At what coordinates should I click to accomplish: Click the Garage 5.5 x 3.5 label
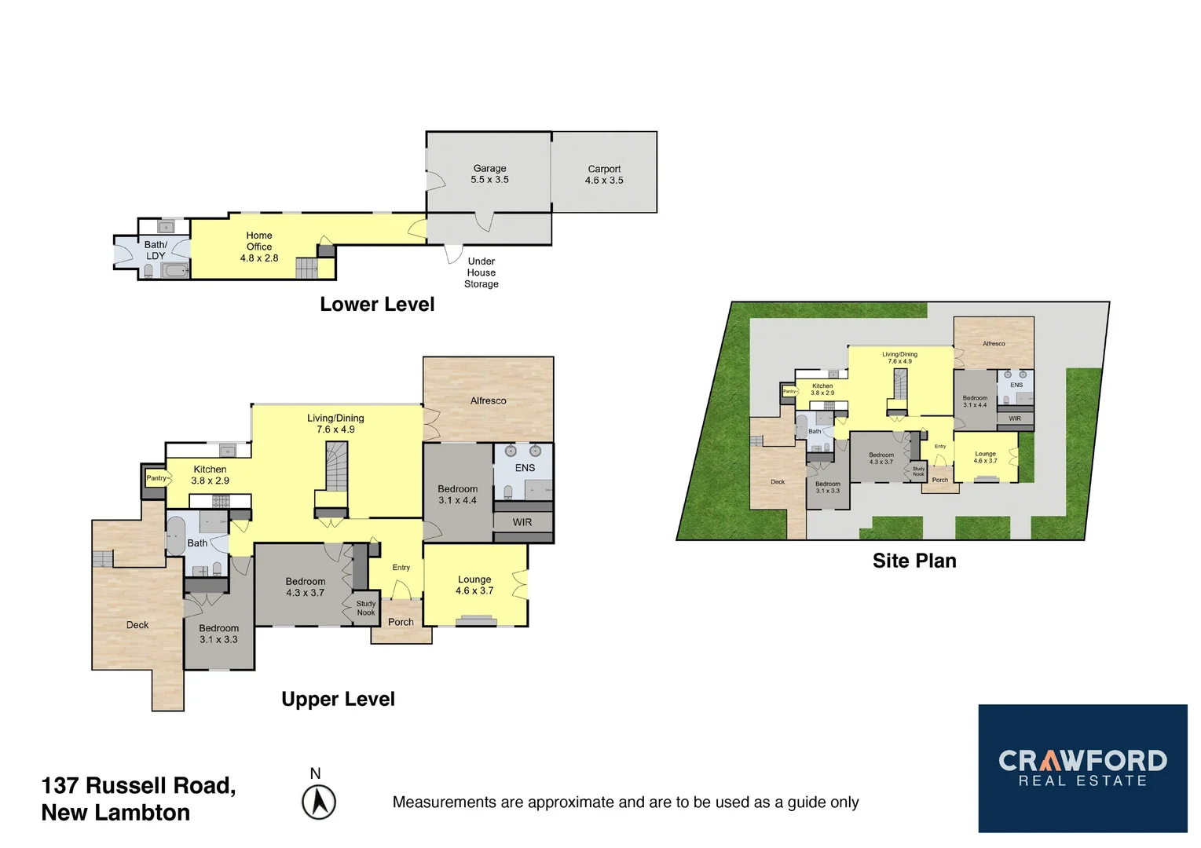(489, 174)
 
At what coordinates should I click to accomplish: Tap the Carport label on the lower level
(604, 174)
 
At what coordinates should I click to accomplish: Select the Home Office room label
(259, 247)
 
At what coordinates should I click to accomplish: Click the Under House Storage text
(481, 272)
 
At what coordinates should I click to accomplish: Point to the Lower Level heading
(377, 305)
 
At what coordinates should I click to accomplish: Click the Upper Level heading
(338, 699)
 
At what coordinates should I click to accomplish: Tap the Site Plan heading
(914, 561)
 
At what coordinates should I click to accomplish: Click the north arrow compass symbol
(319, 802)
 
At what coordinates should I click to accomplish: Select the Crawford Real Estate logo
(1082, 768)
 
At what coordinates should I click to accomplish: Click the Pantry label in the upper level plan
(156, 477)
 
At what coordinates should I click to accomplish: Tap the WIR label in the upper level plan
(522, 522)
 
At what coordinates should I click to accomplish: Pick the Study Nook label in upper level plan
(366, 609)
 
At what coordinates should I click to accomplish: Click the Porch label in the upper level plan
(401, 622)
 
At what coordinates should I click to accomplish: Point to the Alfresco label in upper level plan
(488, 400)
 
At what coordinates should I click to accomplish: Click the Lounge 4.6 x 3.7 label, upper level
(474, 585)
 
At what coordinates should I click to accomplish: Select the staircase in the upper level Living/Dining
(336, 466)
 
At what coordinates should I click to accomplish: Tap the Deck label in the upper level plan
(137, 625)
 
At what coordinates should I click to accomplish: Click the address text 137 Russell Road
(138, 786)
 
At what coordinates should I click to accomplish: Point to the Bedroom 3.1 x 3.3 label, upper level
(218, 634)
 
